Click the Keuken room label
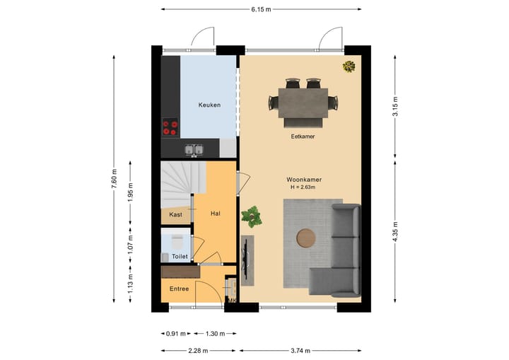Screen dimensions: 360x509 point(209,105)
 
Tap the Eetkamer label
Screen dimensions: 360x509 point(303,137)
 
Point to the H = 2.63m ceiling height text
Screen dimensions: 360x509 point(303,187)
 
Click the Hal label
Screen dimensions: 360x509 point(216,213)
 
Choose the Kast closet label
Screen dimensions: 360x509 point(175,214)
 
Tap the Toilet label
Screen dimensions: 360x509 point(180,257)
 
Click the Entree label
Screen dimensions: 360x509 point(180,288)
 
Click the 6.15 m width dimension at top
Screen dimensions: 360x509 point(261,9)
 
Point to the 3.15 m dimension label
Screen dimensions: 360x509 point(395,105)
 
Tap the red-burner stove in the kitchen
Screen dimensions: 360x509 point(170,127)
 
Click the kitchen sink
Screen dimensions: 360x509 point(194,149)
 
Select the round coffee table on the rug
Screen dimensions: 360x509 point(307,238)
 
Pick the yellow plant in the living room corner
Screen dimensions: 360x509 point(349,67)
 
